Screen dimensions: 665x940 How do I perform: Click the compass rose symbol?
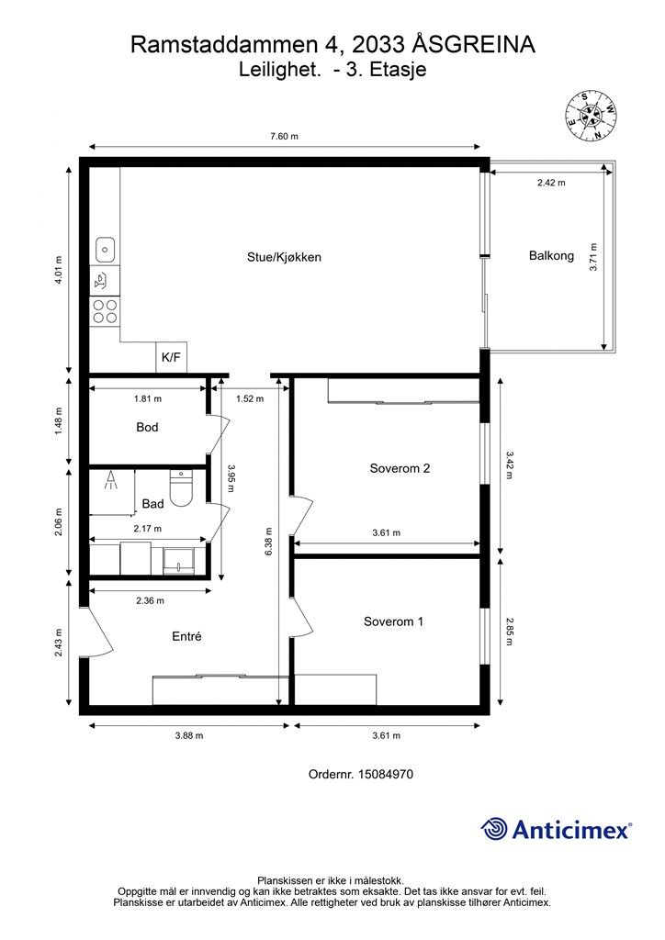[591, 117]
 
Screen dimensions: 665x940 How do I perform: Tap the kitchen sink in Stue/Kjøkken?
[105, 249]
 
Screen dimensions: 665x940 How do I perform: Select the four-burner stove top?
[105, 311]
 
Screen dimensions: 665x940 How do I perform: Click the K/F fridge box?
[171, 357]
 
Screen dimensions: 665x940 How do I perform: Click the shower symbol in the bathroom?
[111, 480]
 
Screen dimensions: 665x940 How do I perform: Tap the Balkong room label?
[551, 256]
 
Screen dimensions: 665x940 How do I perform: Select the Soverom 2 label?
[400, 468]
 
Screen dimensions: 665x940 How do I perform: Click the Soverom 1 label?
[393, 621]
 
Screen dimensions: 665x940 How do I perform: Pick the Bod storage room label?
[147, 428]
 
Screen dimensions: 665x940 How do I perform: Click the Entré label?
[186, 637]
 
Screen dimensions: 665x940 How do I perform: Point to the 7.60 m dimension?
[284, 136]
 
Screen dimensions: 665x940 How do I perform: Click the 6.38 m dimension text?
[268, 542]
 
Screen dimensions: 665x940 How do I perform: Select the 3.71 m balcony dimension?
[593, 257]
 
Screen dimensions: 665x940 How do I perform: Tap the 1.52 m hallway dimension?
[250, 398]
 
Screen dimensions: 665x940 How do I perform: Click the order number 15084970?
[385, 774]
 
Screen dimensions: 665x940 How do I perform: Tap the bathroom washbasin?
[178, 561]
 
